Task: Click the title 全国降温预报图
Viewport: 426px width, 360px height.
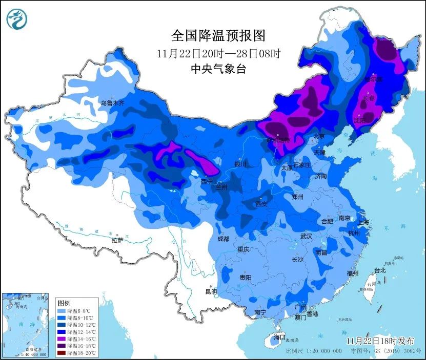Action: pyautogui.click(x=218, y=35)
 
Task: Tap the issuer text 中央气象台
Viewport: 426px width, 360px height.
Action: pyautogui.click(x=218, y=69)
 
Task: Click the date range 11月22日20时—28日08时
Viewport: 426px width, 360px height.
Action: pyautogui.click(x=218, y=53)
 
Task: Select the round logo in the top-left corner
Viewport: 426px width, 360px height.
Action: pyautogui.click(x=17, y=19)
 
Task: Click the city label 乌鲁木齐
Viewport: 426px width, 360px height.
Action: pyautogui.click(x=112, y=103)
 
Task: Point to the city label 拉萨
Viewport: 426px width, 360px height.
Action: pyautogui.click(x=117, y=240)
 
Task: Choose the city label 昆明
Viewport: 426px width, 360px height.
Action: pyautogui.click(x=211, y=291)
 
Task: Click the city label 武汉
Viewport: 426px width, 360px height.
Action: pyautogui.click(x=306, y=236)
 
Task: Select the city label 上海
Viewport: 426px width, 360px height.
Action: pyautogui.click(x=363, y=223)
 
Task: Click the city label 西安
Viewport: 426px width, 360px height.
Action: pyautogui.click(x=261, y=204)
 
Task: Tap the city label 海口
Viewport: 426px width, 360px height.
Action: pyautogui.click(x=279, y=337)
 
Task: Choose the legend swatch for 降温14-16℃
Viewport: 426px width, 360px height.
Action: pyautogui.click(x=61, y=338)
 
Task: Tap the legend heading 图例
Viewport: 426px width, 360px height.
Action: pyautogui.click(x=65, y=303)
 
